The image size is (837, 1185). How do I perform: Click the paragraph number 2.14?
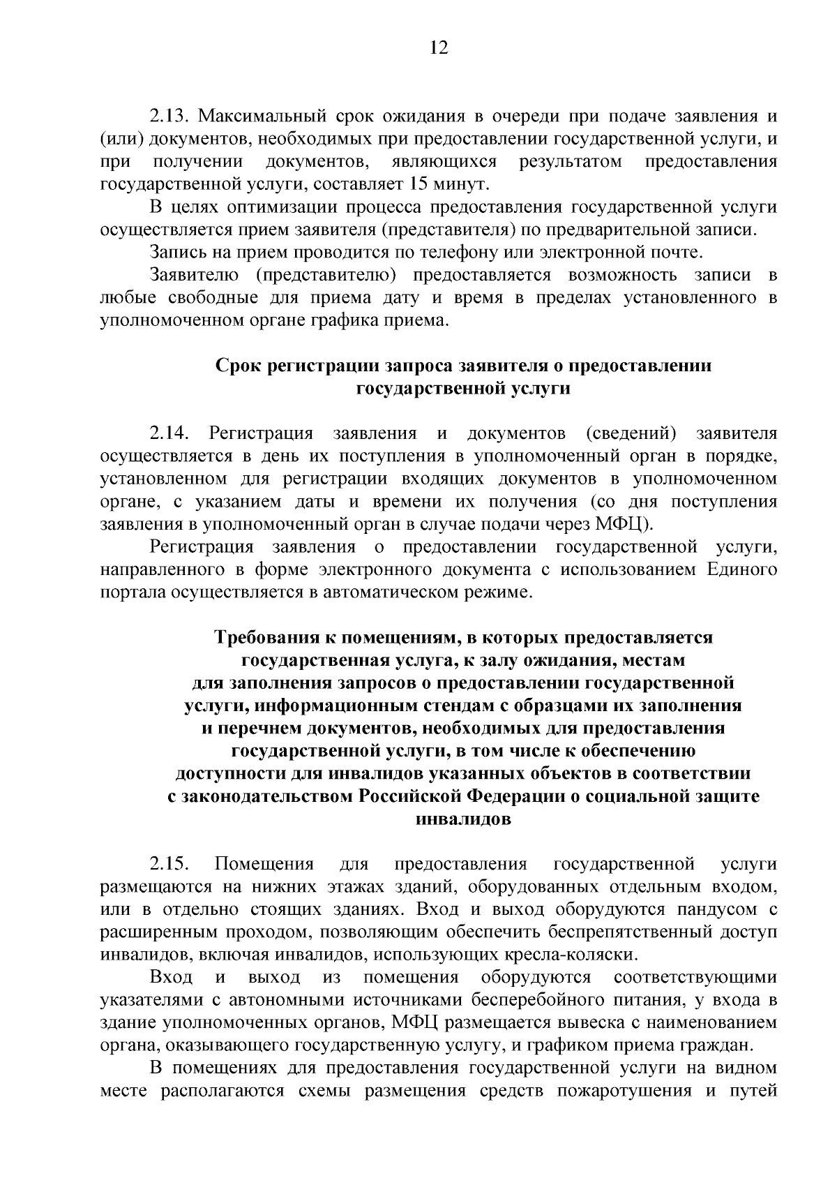170,434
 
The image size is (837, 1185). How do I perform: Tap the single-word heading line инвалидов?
463,819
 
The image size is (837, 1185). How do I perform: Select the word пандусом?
715,910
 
